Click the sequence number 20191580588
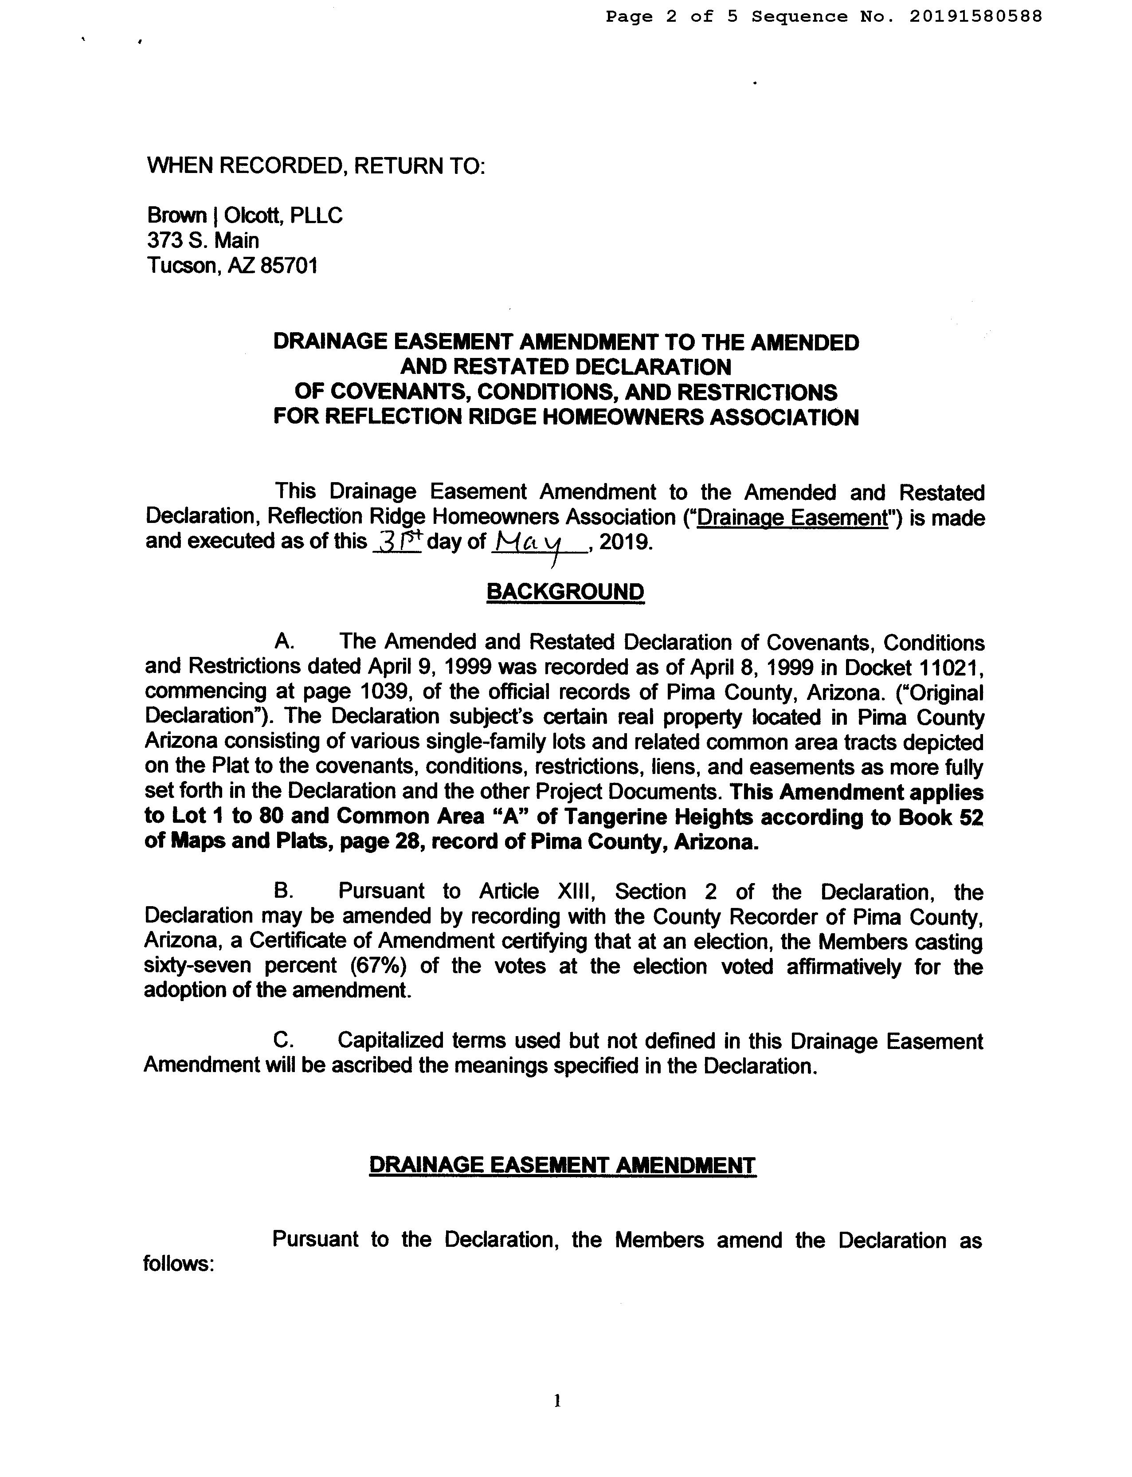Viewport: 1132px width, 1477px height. (975, 16)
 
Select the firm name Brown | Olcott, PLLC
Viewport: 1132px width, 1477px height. (245, 216)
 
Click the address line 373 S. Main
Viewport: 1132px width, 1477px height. (203, 241)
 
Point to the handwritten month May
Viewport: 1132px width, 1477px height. (537, 541)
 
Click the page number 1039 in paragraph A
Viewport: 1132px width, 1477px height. (381, 691)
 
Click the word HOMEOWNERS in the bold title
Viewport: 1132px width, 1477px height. (622, 417)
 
